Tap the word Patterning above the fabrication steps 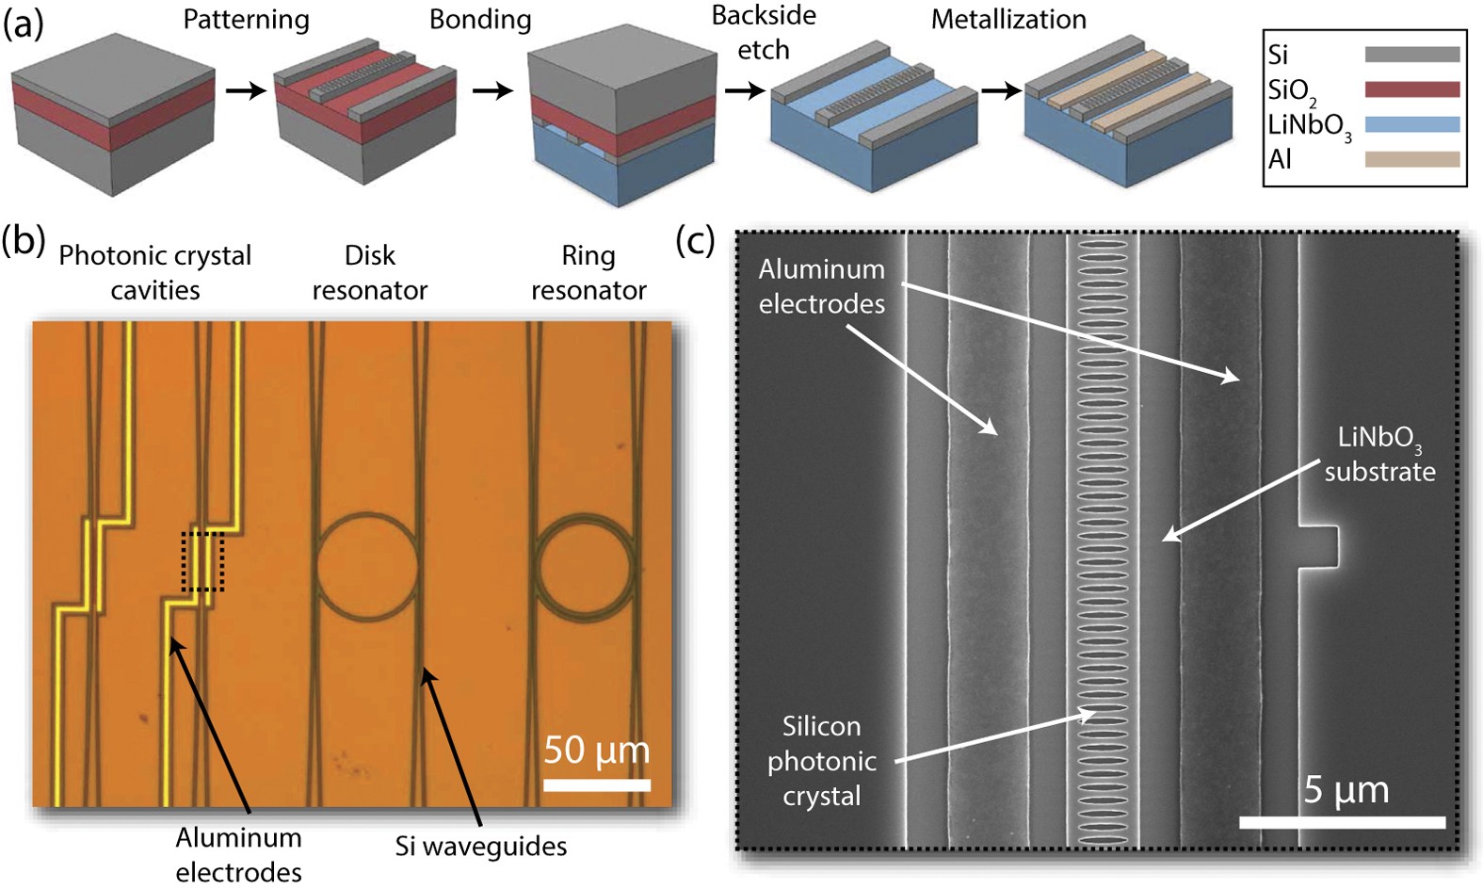[246, 20]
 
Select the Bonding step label [480, 20]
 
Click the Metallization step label [1008, 20]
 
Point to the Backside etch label [764, 33]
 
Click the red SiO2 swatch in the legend [1411, 89]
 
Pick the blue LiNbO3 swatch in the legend [1411, 124]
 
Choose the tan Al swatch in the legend [1411, 159]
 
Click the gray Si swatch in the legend [1411, 55]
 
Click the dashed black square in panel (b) [202, 561]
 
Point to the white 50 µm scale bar [597, 784]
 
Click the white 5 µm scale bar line [1342, 822]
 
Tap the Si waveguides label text [480, 847]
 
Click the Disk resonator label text [369, 273]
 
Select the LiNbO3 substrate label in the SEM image [1379, 455]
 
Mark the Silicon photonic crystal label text [821, 761]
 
